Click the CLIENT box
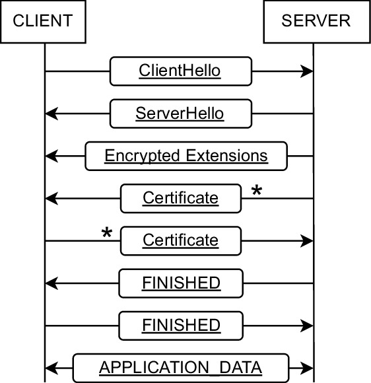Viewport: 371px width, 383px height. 42,22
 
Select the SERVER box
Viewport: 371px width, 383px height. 316,22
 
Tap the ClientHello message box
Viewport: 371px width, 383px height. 180,71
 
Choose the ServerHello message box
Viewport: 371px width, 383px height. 180,114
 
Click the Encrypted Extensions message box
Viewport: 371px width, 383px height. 186,156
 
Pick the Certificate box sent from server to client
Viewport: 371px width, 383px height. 180,198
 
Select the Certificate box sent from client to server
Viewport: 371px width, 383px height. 180,240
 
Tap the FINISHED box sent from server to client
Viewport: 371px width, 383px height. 180,283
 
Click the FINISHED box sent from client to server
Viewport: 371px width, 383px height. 180,325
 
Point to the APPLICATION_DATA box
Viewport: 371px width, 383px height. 180,367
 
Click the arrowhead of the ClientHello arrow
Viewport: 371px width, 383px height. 306,71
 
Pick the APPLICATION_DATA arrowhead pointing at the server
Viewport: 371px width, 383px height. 306,367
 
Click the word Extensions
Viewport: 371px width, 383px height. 226,156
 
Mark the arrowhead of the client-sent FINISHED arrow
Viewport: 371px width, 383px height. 306,325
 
